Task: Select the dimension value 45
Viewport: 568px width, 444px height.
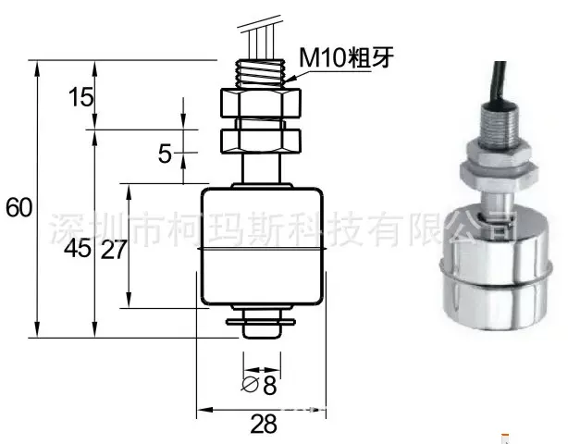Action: pos(80,249)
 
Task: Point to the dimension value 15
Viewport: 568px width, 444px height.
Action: pos(80,96)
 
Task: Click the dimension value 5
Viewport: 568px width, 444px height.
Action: pos(165,154)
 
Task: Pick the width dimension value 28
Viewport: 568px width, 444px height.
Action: pos(263,425)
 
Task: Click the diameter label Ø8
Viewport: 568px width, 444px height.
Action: pos(261,384)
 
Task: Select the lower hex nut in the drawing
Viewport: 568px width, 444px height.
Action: pos(263,141)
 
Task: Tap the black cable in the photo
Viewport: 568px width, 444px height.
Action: pos(500,87)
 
